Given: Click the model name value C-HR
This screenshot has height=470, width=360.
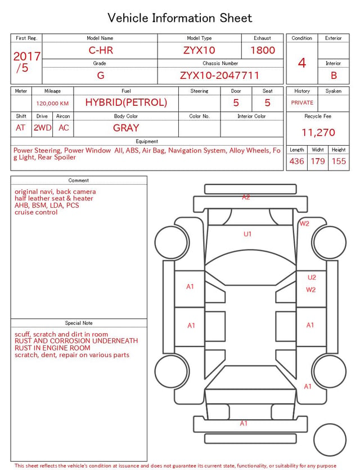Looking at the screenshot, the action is (x=101, y=50).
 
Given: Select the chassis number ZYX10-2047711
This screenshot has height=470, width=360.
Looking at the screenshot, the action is (x=219, y=75).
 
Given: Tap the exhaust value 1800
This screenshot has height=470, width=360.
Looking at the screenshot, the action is (x=263, y=50).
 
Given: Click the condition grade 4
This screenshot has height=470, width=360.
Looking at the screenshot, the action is (x=302, y=63).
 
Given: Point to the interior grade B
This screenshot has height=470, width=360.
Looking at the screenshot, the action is (x=334, y=75).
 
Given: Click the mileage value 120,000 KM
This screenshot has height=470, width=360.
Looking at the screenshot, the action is (x=52, y=104).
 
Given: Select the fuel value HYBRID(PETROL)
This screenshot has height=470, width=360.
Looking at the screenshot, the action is (x=126, y=102).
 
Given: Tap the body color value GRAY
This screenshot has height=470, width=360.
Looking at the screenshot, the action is (x=126, y=128).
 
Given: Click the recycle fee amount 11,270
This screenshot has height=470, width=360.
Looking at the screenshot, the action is (x=318, y=132).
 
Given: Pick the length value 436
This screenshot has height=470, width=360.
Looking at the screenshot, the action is (x=297, y=161).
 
